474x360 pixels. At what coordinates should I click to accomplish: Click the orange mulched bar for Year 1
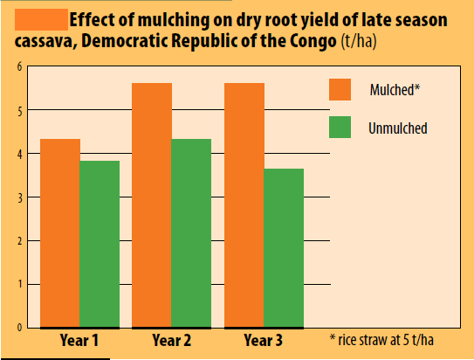(x=60, y=233)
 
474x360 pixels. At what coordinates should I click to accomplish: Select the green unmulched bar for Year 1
(x=100, y=244)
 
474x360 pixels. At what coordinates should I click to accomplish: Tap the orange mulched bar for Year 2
(x=152, y=205)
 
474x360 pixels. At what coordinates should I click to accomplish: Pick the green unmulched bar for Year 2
(x=191, y=233)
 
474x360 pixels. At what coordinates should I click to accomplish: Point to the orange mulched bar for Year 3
(x=244, y=205)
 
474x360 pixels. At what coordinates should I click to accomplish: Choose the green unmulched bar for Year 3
(x=284, y=248)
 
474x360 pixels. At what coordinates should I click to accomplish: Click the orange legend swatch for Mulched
(x=340, y=89)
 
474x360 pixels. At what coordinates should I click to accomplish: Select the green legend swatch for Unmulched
(x=340, y=127)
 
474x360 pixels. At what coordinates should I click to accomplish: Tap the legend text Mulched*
(x=395, y=89)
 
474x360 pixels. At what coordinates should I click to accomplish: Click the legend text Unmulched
(x=398, y=128)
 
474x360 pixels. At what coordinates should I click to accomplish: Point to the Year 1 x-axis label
(x=79, y=340)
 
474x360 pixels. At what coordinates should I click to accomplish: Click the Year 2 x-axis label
(x=172, y=340)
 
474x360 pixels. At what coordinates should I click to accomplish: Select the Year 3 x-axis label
(x=264, y=340)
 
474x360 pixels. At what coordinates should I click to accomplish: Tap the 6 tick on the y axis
(x=20, y=66)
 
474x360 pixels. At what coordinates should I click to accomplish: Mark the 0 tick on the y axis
(x=20, y=328)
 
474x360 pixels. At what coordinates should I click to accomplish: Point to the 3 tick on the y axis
(x=20, y=198)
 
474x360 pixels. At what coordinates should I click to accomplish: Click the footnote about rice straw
(x=381, y=340)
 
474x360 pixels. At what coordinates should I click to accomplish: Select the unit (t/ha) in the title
(x=359, y=41)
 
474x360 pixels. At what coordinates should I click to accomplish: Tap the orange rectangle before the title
(x=41, y=20)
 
